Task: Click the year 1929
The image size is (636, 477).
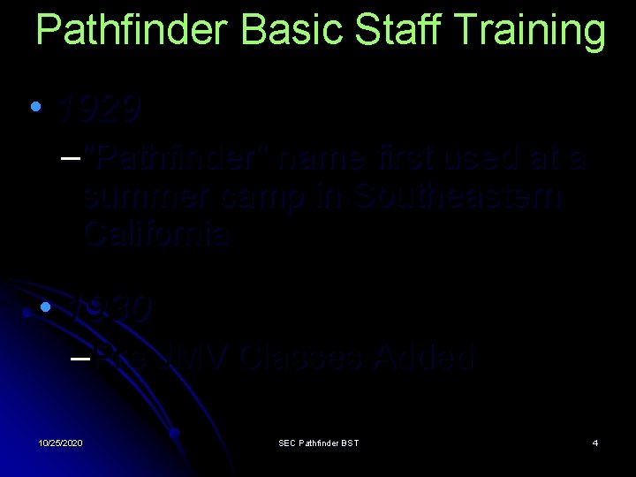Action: click(98, 110)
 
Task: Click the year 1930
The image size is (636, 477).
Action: click(111, 308)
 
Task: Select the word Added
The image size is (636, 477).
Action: click(425, 358)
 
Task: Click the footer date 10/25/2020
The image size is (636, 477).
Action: click(61, 442)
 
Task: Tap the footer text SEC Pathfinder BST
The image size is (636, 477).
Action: click(318, 442)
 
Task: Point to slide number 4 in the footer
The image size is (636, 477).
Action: click(595, 442)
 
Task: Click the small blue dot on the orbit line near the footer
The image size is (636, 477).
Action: click(175, 433)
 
